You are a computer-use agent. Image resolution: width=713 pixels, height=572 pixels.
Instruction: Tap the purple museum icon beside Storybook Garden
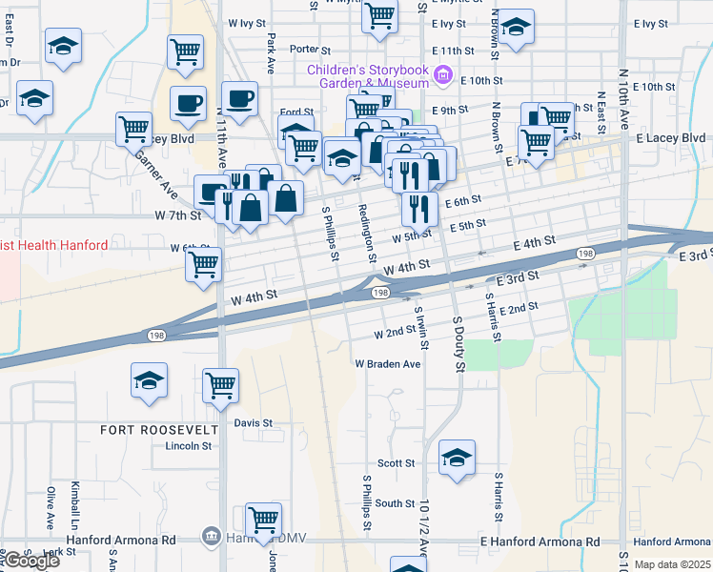442,74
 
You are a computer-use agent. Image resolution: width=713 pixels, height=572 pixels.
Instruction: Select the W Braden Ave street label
388,364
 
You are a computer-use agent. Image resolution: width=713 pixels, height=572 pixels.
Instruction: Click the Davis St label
254,422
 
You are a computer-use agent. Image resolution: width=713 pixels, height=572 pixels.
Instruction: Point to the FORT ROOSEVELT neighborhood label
159,430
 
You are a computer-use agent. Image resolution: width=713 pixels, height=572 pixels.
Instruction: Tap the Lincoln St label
187,445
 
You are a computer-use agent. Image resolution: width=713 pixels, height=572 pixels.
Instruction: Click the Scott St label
396,463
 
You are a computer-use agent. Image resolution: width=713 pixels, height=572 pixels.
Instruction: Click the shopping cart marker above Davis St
220,385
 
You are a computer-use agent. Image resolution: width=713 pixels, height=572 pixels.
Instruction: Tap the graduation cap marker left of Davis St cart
149,380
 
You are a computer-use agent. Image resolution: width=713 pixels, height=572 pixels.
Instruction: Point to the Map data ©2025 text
672,564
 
